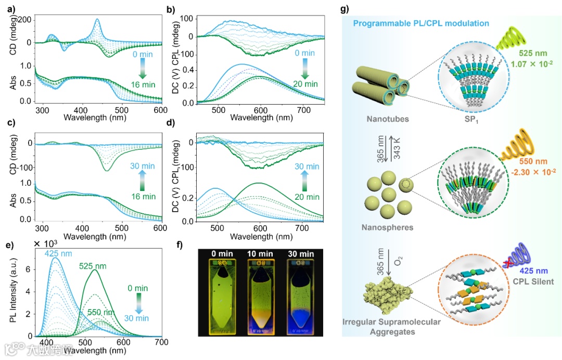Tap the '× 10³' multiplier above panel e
45,243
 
